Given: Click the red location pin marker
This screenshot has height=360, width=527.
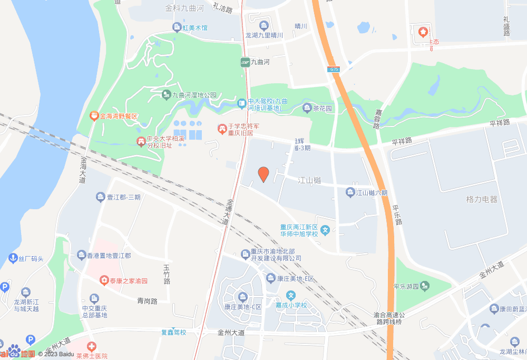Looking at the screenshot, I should click(263, 174).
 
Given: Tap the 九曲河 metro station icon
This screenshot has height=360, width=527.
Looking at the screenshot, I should click(245, 62).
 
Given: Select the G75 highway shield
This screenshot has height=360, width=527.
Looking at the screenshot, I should click(333, 69).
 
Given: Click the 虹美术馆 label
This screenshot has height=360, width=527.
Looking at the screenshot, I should click(193, 27).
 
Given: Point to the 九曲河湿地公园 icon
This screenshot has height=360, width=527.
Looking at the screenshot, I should click(166, 95).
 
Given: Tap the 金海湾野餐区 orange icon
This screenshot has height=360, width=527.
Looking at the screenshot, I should click(93, 115).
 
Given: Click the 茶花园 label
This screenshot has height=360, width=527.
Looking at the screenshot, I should click(323, 109).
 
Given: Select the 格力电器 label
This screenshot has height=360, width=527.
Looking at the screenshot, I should click(482, 200).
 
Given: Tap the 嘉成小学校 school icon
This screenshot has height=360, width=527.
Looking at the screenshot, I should click(290, 296).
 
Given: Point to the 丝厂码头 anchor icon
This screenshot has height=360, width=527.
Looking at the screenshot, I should click(13, 258).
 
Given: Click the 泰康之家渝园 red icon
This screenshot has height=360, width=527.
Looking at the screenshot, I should click(104, 280).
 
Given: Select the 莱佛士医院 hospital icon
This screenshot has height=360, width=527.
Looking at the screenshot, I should click(92, 347).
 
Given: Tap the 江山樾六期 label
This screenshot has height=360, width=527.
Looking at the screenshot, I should click(372, 193).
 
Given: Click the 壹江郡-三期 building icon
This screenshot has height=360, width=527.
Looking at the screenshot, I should click(100, 197).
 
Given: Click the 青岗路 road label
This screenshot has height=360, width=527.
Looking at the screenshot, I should click(148, 301).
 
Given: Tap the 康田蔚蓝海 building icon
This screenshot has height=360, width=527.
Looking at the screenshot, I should click(494, 308).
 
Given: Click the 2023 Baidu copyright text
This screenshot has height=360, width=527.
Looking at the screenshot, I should click(56, 354).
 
